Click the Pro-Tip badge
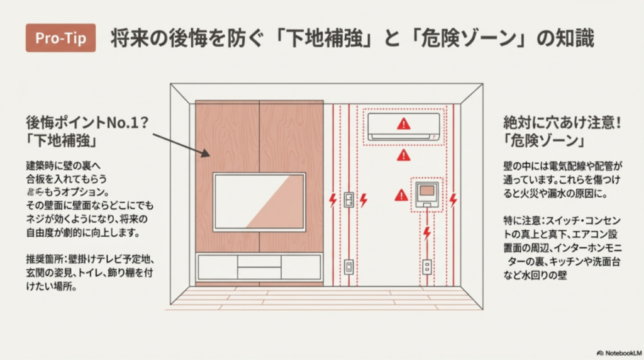click(x=60, y=38)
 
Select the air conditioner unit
click(x=403, y=126)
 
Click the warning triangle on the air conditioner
click(x=402, y=124)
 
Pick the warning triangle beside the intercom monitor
click(x=401, y=196)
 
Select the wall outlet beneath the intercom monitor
click(x=427, y=267)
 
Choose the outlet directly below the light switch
click(x=348, y=267)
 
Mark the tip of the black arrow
click(x=209, y=155)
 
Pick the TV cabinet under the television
click(x=259, y=267)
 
